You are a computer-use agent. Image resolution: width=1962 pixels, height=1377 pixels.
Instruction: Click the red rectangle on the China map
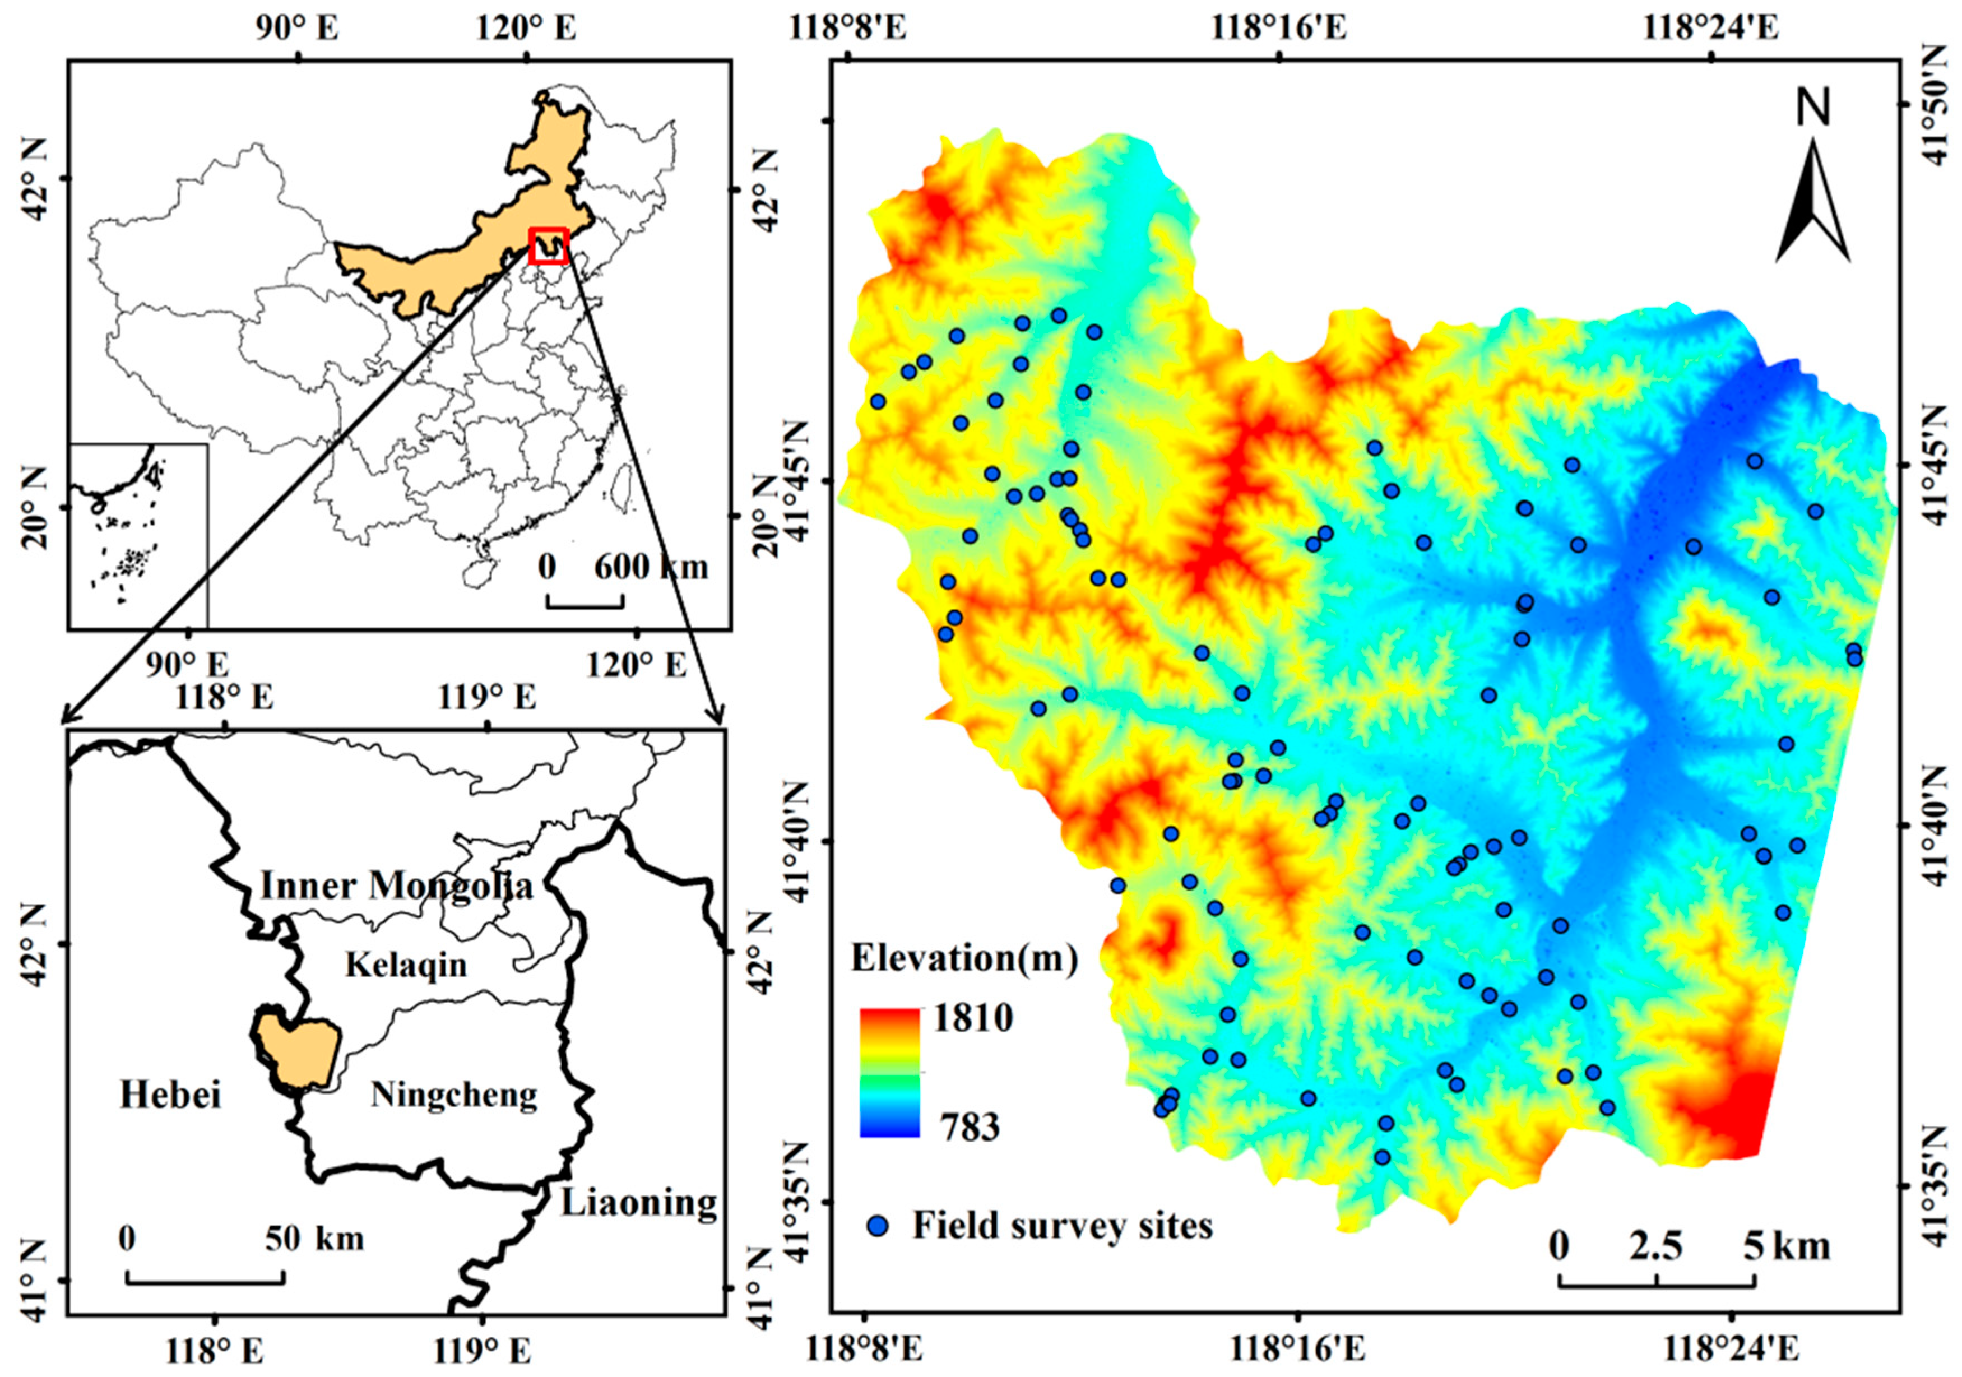548,246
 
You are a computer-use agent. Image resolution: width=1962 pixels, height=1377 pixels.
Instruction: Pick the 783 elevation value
970,1128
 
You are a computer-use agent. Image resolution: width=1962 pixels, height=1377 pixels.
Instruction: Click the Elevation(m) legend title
964,958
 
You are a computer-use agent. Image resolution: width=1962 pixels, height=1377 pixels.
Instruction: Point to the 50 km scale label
314,1239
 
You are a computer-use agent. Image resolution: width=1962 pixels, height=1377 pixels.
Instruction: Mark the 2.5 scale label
1655,1247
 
